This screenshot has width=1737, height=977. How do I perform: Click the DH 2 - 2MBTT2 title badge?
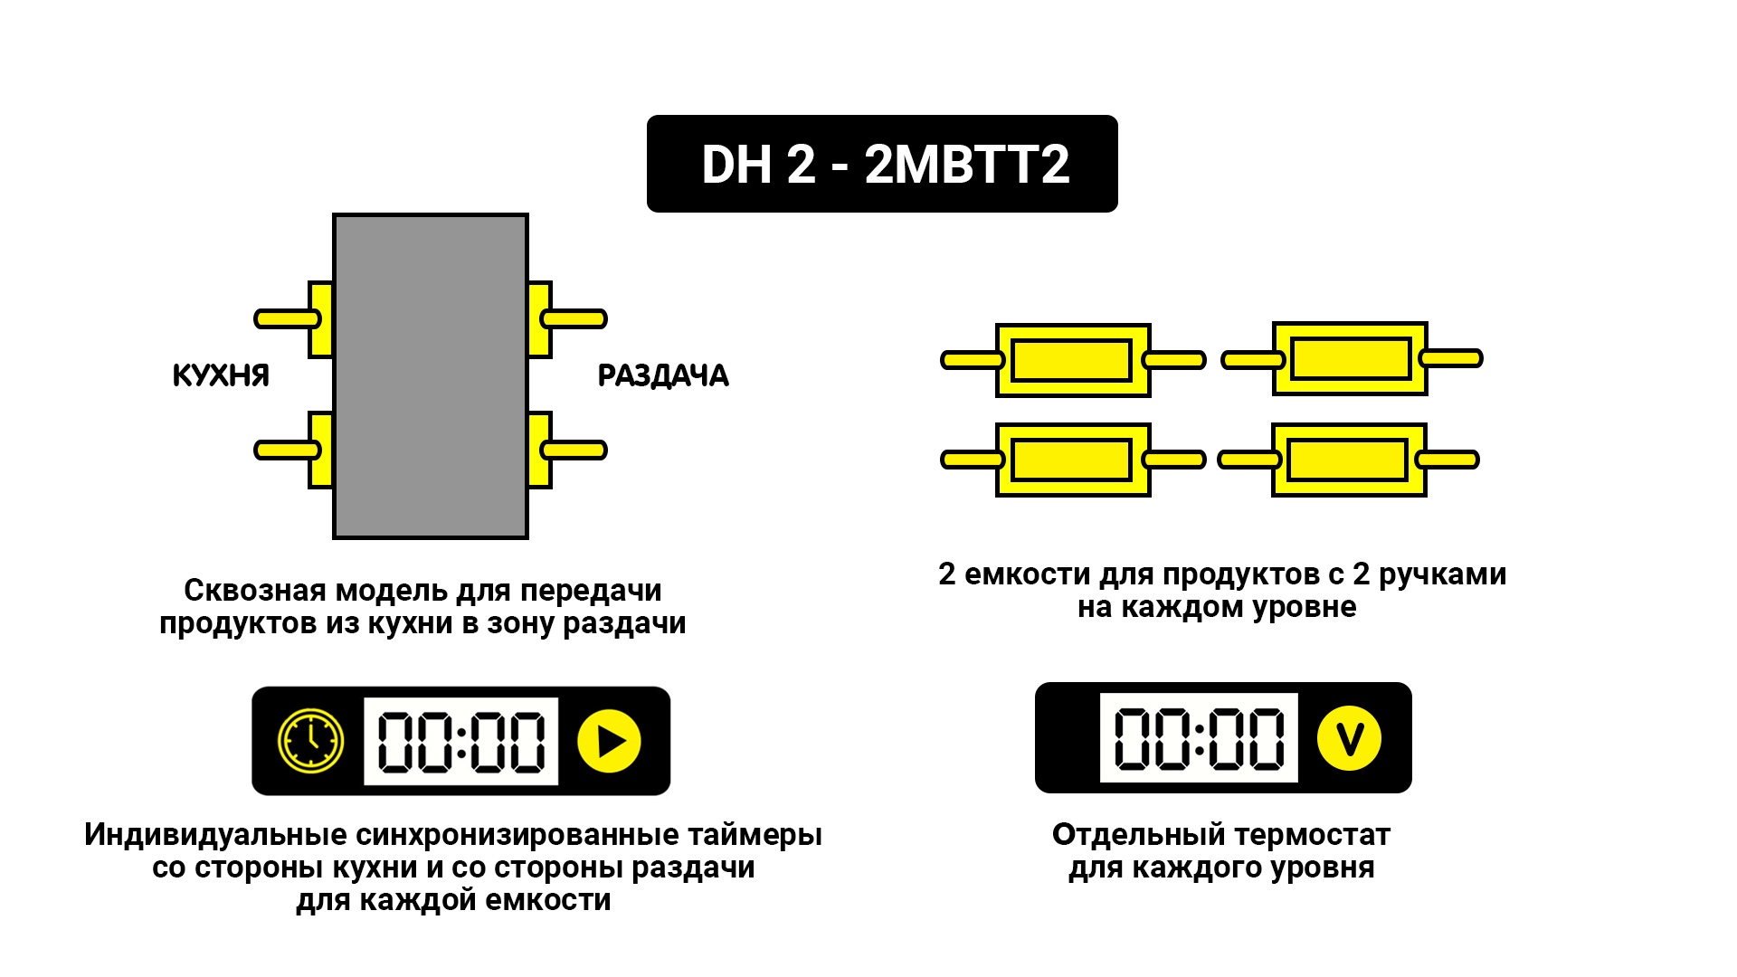coord(882,164)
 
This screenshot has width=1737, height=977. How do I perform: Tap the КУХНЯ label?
coord(221,375)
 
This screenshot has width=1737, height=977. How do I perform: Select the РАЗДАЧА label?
coord(663,375)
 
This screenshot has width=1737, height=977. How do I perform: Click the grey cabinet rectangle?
coord(431,376)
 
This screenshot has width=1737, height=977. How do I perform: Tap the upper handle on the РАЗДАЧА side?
coord(574,318)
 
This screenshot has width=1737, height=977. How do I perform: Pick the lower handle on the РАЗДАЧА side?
coord(574,450)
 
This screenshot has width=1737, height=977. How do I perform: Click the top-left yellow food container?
coord(1073,360)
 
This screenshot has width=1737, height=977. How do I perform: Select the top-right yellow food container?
coord(1350,358)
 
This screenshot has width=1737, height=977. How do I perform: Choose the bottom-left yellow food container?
coord(1073,460)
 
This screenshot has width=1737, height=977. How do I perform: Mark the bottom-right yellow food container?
coord(1349,460)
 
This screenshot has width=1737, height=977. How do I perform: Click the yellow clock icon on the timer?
coord(310,741)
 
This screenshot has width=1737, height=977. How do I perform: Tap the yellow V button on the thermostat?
coord(1349,738)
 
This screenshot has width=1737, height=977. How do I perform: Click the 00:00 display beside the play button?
coord(460,741)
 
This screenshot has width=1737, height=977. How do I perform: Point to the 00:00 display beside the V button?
coord(1199,737)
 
